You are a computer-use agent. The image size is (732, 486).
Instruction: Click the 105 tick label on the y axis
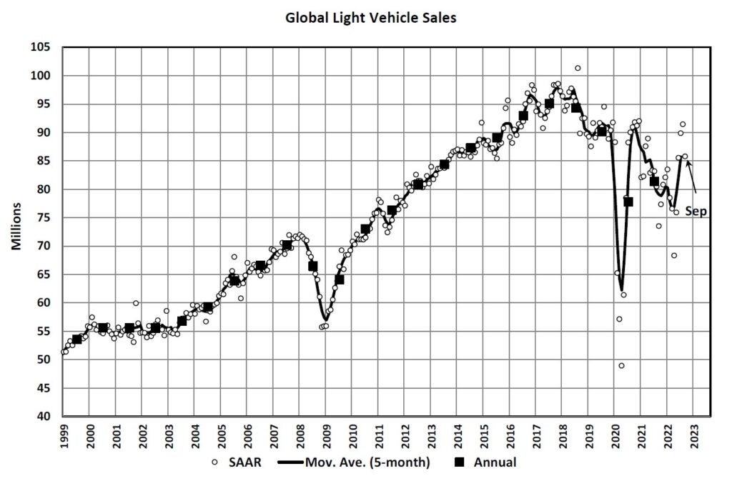(46, 47)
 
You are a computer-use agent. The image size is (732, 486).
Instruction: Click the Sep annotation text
(696, 212)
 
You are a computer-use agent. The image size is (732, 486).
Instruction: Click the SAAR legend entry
(234, 462)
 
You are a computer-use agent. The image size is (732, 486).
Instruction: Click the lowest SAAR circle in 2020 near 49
(621, 365)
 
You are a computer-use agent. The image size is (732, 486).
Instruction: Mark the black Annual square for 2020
(628, 202)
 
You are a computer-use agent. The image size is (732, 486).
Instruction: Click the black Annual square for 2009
(340, 279)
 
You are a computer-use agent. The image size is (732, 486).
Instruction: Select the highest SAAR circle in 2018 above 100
(578, 68)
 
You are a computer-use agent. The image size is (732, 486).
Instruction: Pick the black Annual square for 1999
(77, 339)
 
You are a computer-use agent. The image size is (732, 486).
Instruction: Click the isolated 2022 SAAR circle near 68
(673, 256)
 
